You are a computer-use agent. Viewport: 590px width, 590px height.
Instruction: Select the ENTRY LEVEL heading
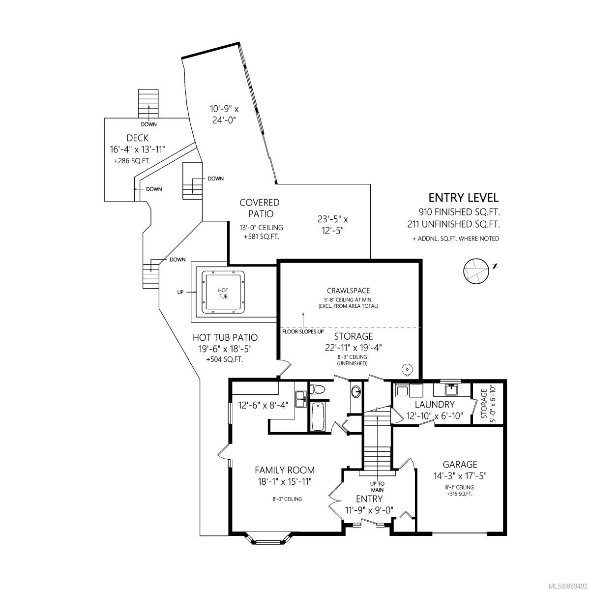pyautogui.click(x=463, y=198)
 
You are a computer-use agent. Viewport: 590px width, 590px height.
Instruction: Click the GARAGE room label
pyautogui.click(x=460, y=464)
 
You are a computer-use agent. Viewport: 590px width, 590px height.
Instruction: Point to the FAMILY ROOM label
pyautogui.click(x=284, y=470)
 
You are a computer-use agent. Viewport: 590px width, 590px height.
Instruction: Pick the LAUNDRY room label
pyautogui.click(x=434, y=405)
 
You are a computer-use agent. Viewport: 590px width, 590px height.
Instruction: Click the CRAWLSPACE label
pyautogui.click(x=348, y=291)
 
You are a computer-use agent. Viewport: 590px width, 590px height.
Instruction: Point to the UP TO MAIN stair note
pyautogui.click(x=377, y=487)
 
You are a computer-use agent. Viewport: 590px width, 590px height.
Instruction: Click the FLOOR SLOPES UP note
pyautogui.click(x=302, y=331)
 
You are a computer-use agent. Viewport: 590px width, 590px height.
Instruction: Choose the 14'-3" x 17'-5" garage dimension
pyautogui.click(x=460, y=476)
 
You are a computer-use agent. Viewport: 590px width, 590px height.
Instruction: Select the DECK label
pyautogui.click(x=137, y=138)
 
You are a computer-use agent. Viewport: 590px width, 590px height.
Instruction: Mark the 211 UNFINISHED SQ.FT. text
pyautogui.click(x=453, y=225)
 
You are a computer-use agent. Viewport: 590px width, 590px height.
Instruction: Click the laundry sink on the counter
pyautogui.click(x=451, y=390)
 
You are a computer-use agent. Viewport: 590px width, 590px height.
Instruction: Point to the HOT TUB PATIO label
pyautogui.click(x=225, y=337)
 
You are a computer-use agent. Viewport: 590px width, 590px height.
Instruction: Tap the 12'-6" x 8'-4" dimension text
pyautogui.click(x=263, y=405)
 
